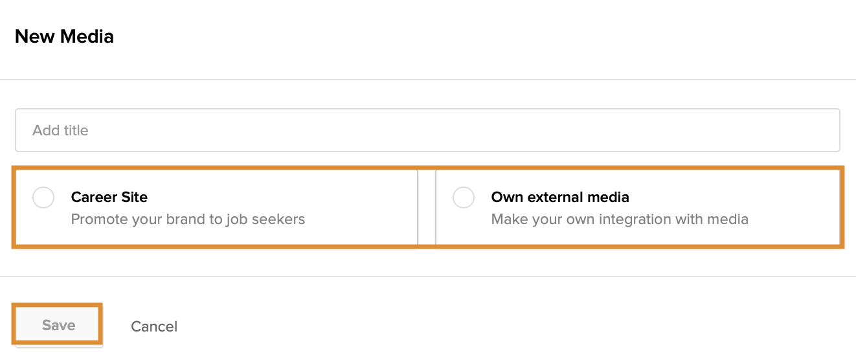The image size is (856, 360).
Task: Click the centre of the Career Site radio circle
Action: click(43, 197)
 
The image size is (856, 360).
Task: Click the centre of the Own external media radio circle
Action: click(464, 197)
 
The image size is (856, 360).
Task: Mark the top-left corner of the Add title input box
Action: click(16, 109)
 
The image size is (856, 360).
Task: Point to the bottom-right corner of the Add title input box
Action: click(840, 152)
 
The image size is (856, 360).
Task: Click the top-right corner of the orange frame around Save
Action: click(102, 304)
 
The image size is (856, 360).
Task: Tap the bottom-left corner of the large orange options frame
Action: click(12, 249)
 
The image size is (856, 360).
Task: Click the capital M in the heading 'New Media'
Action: click(71, 37)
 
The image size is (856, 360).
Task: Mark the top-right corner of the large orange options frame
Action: click(844, 166)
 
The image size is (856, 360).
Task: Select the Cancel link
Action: click(154, 326)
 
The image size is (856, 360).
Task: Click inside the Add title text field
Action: click(427, 130)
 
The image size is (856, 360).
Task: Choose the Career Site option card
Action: click(217, 207)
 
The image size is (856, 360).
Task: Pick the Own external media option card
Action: click(638, 207)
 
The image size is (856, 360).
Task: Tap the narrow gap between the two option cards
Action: click(427, 207)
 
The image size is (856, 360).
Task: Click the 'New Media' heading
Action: click(64, 37)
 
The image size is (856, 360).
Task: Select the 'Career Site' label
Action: click(109, 197)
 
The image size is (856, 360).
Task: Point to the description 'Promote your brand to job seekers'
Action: click(188, 219)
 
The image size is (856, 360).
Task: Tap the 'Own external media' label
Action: click(560, 197)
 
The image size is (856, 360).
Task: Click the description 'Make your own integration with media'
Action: click(620, 219)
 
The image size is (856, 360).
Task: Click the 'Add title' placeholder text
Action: click(60, 130)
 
